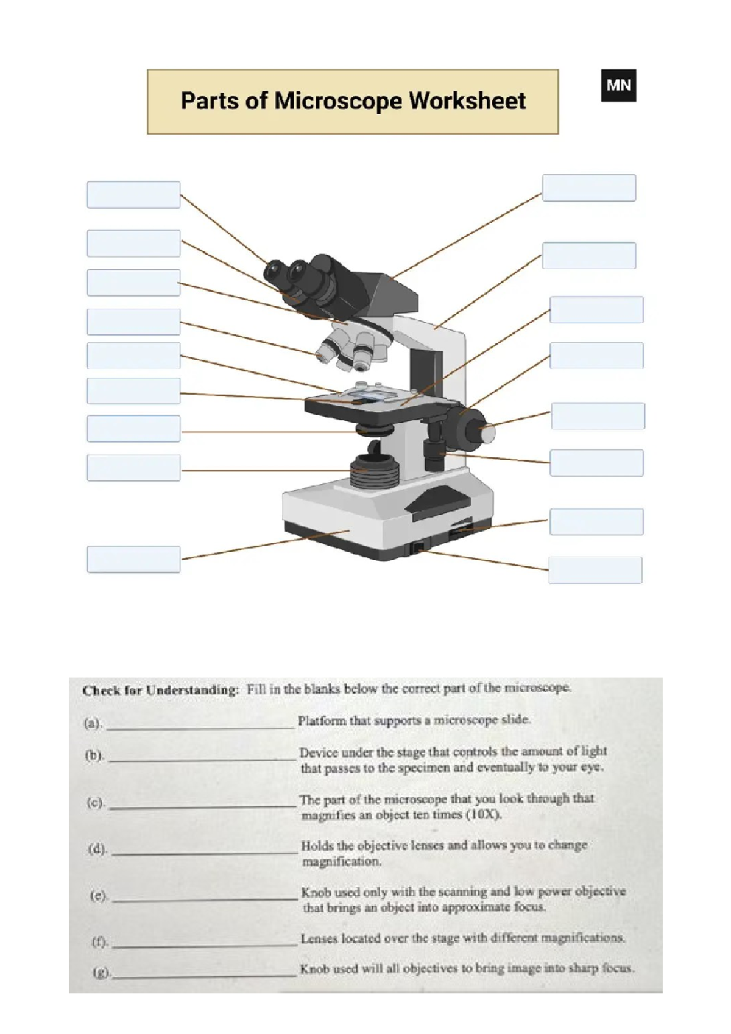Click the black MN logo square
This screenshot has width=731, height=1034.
click(x=618, y=85)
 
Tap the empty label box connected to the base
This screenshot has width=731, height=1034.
click(x=133, y=559)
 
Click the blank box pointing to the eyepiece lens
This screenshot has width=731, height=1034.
click(x=133, y=195)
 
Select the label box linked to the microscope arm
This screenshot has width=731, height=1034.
click(x=588, y=255)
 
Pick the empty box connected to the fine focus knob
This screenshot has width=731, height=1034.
click(x=598, y=416)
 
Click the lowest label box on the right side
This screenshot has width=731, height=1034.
click(x=595, y=570)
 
